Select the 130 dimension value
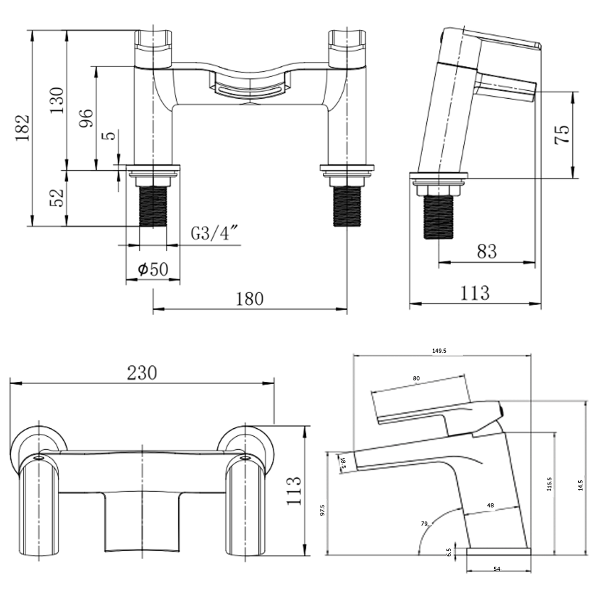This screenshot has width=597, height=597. point(57,100)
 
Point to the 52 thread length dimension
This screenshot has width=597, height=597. point(57,198)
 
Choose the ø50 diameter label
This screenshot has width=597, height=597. point(153,269)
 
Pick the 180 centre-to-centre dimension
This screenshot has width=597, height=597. point(250,299)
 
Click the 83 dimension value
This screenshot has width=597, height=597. point(486,252)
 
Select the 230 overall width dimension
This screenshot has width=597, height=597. point(142,373)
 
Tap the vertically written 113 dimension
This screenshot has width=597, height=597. point(294,491)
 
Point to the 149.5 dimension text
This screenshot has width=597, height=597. point(439,351)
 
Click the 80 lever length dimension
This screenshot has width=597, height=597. point(416,378)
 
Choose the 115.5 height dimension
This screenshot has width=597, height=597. point(549,484)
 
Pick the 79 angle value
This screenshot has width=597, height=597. point(424,523)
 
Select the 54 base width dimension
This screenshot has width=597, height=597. point(497,569)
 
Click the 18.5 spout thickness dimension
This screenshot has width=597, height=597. point(343,462)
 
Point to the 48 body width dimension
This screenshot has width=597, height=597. point(490,505)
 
